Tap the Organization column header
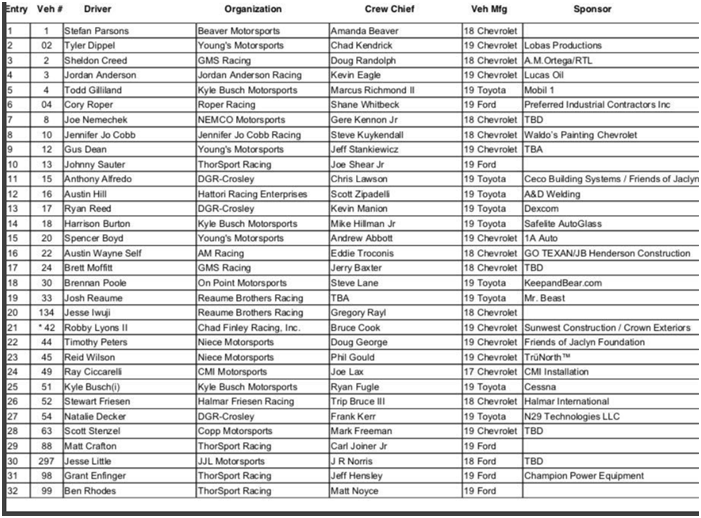point(253,9)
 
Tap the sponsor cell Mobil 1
point(541,89)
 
